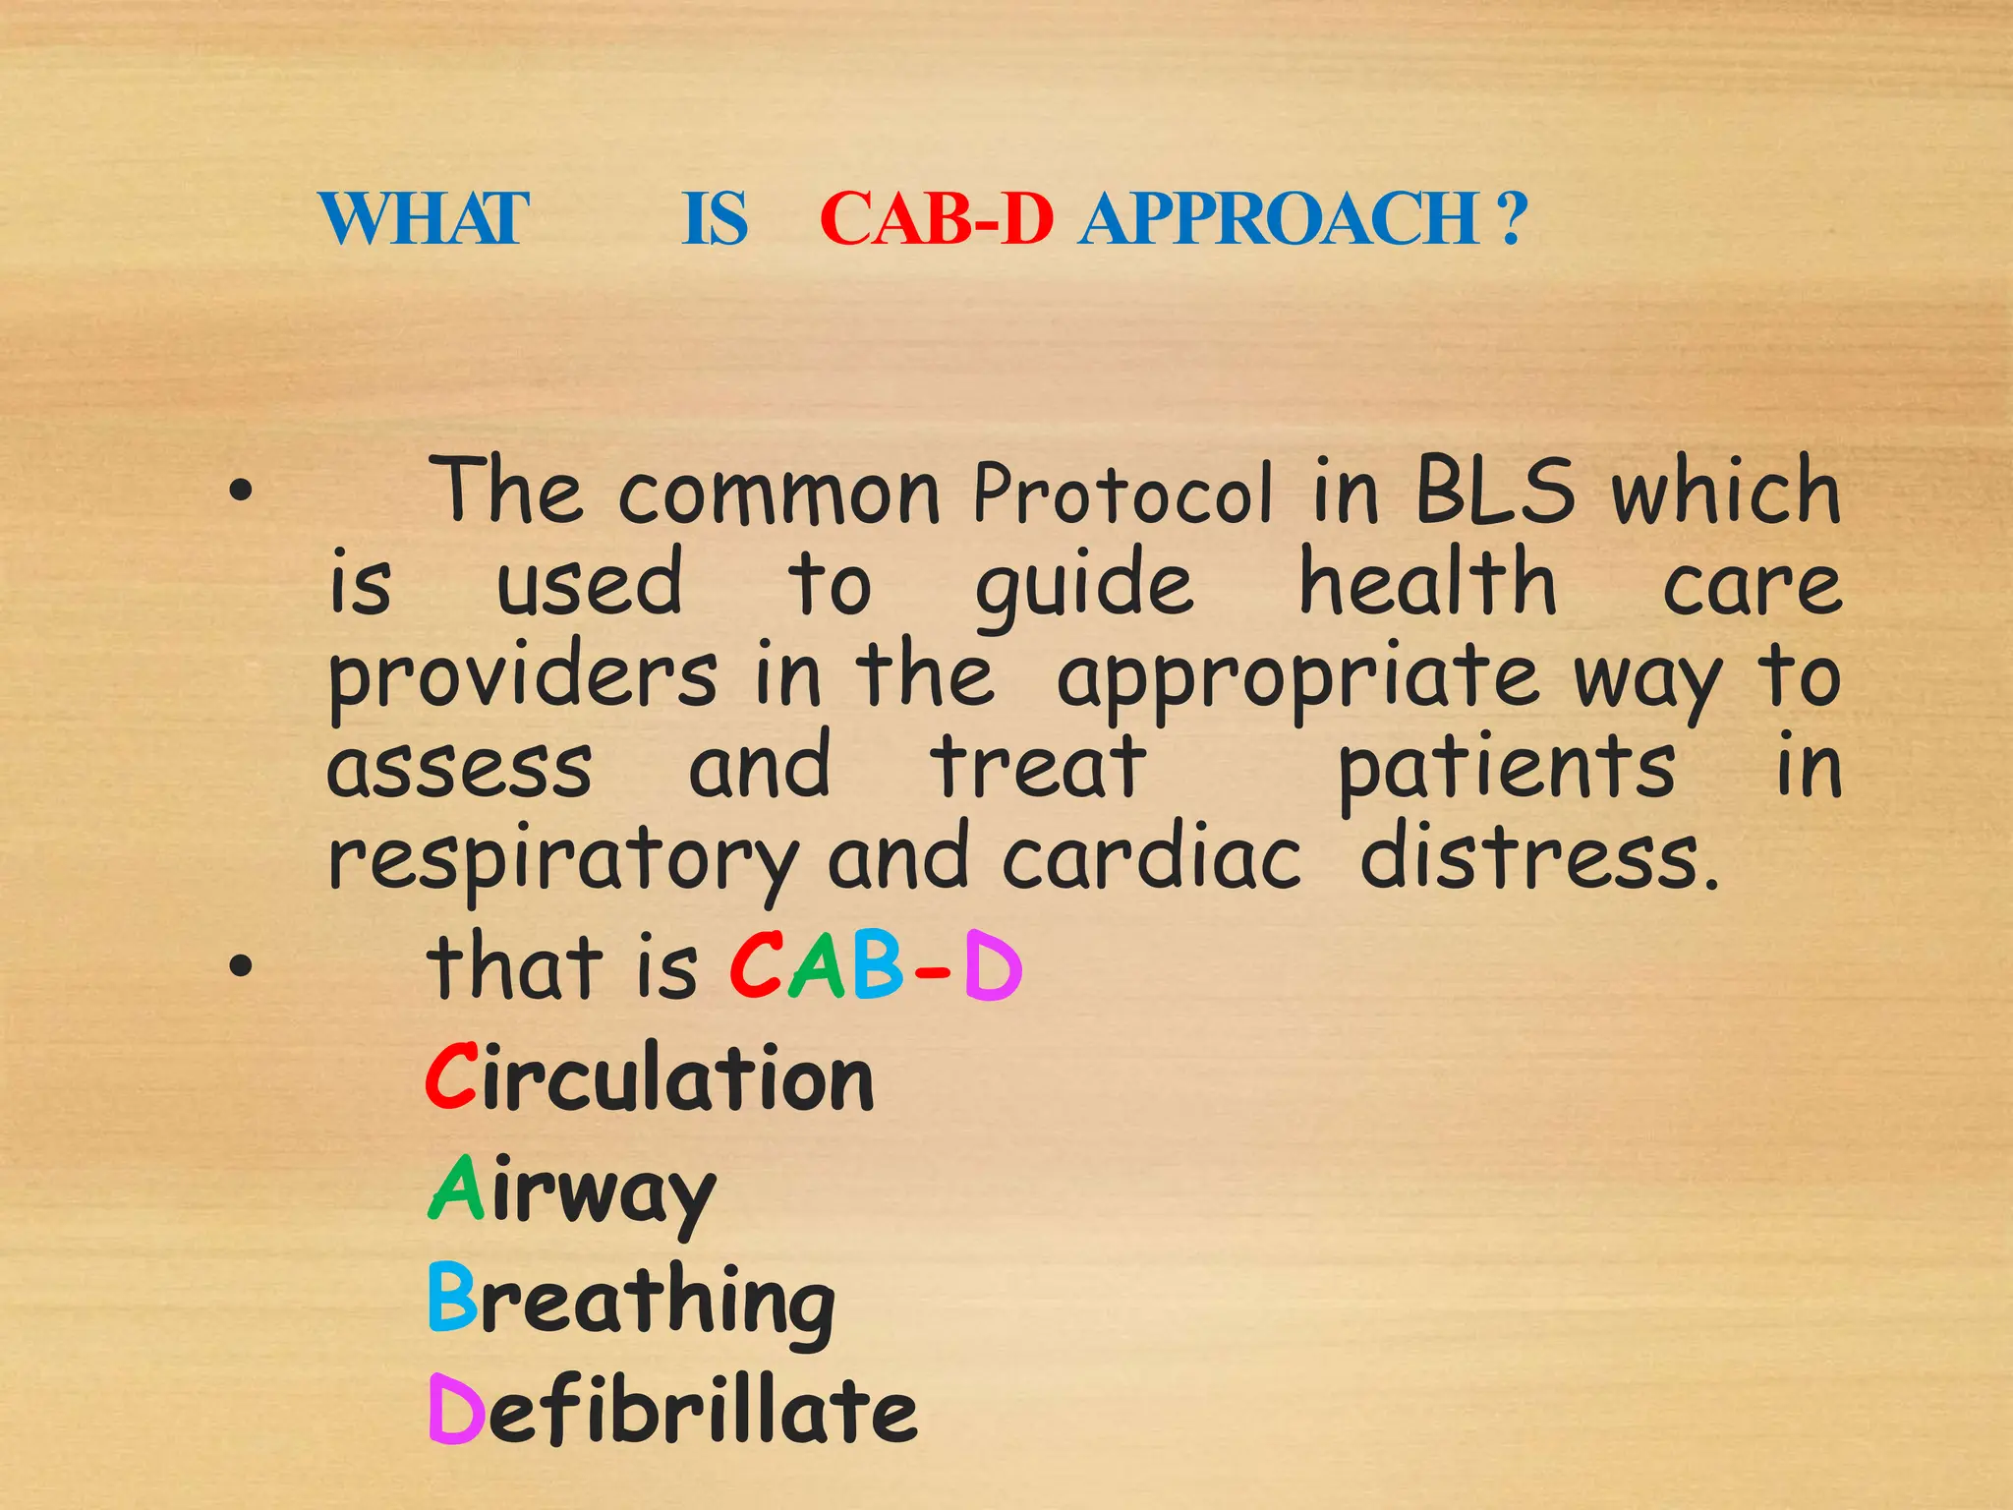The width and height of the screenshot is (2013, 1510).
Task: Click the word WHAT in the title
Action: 424,218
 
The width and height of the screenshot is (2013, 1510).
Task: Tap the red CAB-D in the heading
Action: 936,218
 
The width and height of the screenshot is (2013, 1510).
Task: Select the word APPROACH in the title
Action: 1279,218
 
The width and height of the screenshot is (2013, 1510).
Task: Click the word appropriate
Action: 1297,678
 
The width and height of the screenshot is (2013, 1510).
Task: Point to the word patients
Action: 1507,769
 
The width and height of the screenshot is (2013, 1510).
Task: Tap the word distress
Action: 1538,857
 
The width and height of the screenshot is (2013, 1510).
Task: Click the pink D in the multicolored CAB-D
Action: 993,967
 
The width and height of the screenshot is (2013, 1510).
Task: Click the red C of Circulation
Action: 451,1077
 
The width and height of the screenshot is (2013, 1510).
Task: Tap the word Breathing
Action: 631,1301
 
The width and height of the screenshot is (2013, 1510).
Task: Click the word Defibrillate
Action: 672,1411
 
